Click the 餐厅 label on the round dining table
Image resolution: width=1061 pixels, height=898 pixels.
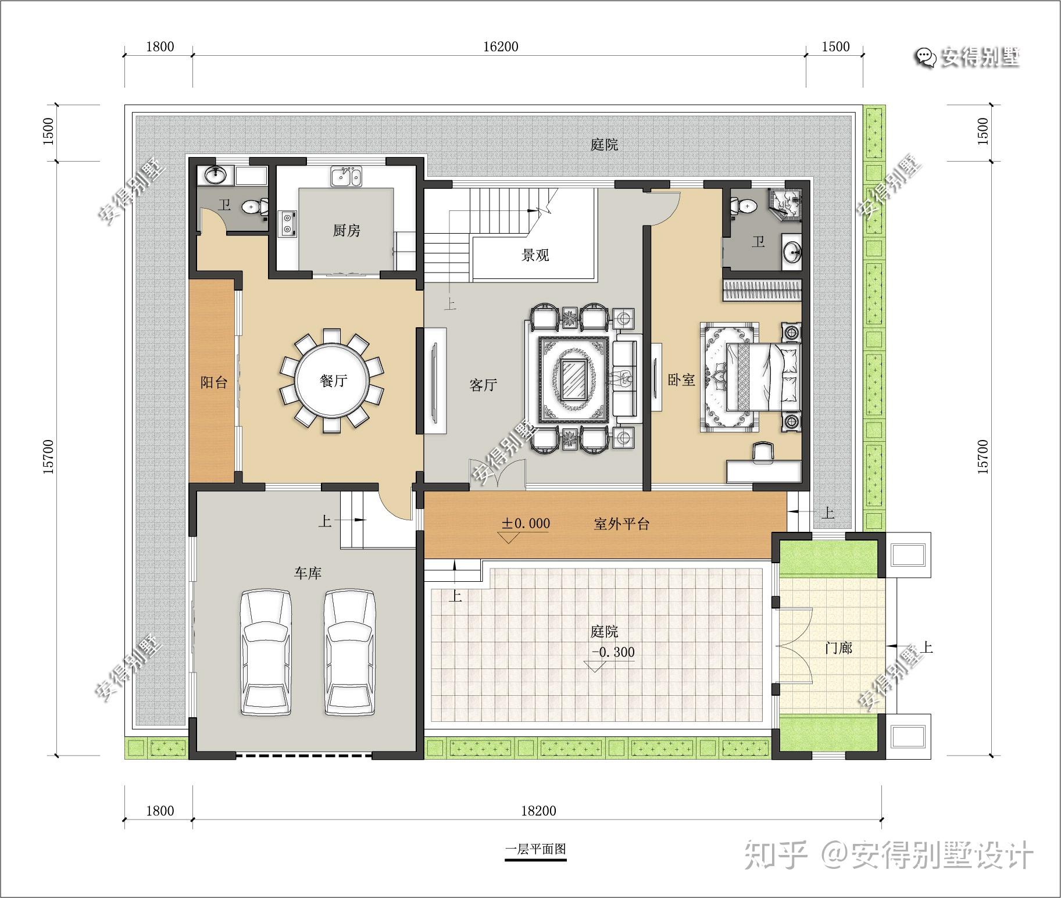click(333, 381)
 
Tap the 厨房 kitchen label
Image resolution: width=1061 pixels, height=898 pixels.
click(346, 231)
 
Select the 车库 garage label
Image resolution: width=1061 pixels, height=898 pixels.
click(308, 573)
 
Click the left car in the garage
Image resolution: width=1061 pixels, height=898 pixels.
click(265, 653)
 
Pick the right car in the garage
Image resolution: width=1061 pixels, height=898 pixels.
click(350, 653)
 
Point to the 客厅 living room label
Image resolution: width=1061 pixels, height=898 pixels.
click(483, 385)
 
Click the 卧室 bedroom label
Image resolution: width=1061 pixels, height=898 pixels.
click(681, 380)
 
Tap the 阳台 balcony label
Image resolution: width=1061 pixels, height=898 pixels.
click(213, 382)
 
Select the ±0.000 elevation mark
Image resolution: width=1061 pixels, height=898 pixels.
click(526, 523)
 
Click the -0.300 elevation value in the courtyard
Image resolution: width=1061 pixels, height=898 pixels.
click(613, 652)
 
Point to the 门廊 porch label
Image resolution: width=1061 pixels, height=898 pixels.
click(839, 647)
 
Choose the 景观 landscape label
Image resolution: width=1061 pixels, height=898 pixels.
click(535, 255)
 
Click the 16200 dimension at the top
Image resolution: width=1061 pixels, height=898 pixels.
click(501, 46)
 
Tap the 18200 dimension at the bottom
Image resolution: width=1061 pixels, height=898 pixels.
click(538, 811)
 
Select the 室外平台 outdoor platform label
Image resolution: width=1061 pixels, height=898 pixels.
click(621, 524)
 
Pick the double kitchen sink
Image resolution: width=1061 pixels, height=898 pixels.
click(346, 177)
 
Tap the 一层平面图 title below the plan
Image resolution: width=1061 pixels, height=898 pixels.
click(535, 849)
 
